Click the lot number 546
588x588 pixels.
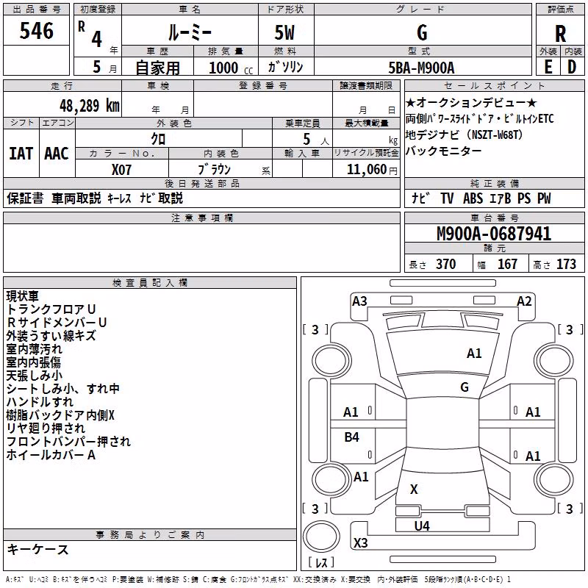(36, 31)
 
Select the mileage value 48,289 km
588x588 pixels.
(90, 106)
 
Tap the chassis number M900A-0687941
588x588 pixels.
(494, 234)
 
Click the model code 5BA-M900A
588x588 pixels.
(421, 68)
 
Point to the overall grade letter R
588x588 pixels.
(560, 34)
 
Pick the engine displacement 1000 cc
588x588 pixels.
(231, 68)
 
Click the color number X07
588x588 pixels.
(121, 170)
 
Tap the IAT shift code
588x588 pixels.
(21, 154)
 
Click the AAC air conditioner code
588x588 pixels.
(57, 154)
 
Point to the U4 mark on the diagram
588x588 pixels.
(422, 526)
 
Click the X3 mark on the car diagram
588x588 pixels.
(360, 542)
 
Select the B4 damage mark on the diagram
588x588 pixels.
(352, 437)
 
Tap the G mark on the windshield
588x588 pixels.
(465, 387)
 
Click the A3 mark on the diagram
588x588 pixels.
(359, 301)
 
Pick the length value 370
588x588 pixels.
(446, 264)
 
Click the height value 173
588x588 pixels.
(566, 264)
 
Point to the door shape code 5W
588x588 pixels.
(284, 33)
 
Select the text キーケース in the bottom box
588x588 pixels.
(38, 549)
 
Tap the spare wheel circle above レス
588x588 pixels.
(321, 537)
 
